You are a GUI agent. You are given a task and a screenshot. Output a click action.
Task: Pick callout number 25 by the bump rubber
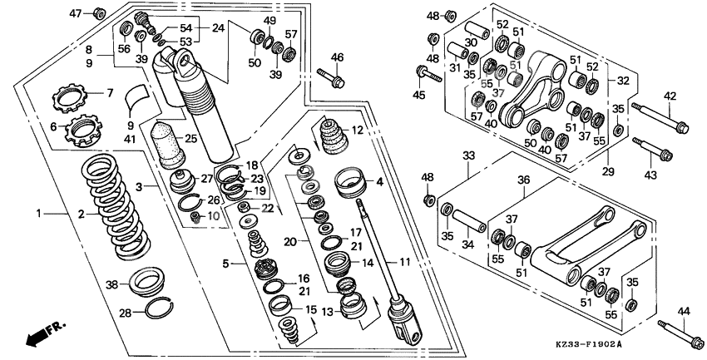pos(191,138)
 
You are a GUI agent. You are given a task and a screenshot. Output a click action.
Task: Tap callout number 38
pos(111,284)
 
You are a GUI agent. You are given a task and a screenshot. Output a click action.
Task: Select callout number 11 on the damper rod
pos(404,262)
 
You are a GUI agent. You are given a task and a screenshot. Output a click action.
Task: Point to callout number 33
pos(468,155)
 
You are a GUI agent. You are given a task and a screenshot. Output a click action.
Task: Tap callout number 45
pos(418,95)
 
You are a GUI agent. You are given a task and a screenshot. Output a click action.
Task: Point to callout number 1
pos(38,214)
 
